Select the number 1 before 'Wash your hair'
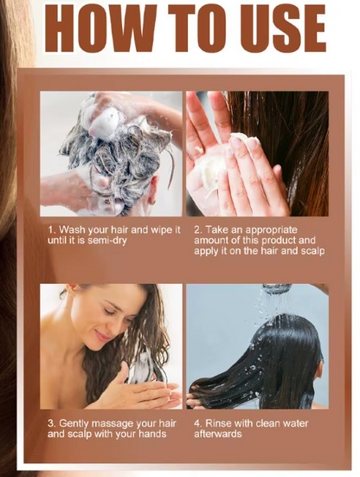[50, 229]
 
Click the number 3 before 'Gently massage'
[50, 423]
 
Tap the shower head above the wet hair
[278, 289]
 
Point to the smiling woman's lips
[103, 335]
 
